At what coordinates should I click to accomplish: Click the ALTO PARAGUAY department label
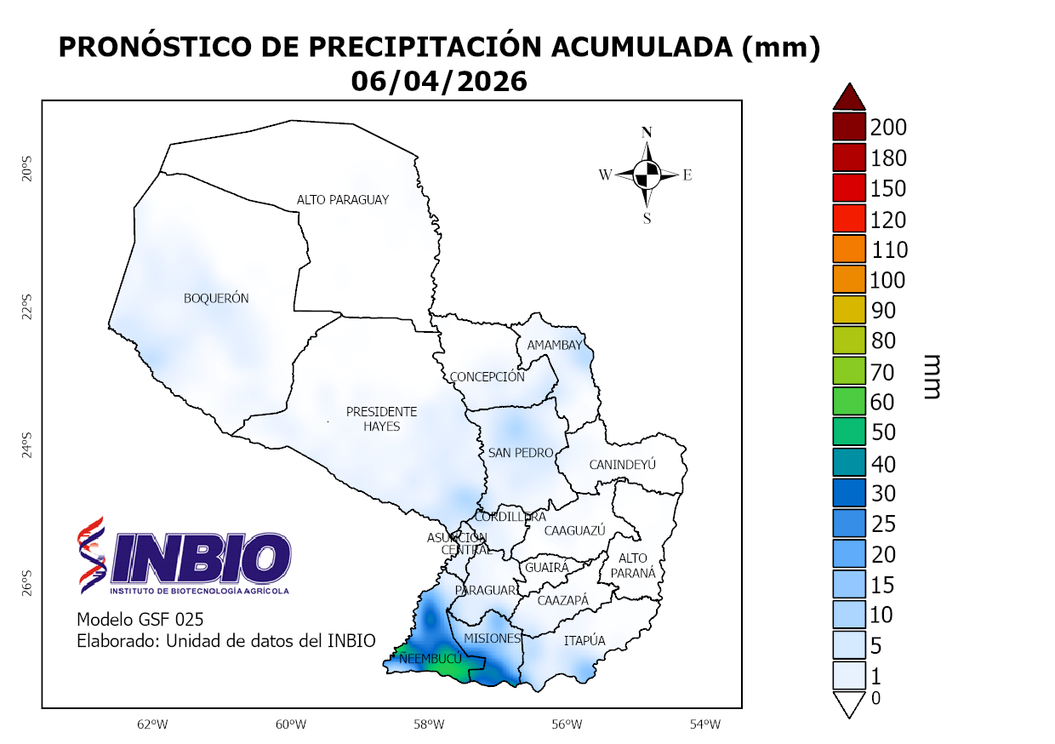[342, 199]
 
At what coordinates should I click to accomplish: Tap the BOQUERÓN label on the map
[216, 298]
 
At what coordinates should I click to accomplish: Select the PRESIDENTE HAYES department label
[381, 419]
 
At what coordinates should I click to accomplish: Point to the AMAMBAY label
[554, 345]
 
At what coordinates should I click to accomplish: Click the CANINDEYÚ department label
[623, 465]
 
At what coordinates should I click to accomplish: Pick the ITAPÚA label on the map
[585, 640]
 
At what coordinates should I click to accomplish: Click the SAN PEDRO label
[521, 453]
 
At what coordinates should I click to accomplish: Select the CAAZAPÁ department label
[562, 600]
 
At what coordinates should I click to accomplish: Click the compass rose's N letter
[647, 132]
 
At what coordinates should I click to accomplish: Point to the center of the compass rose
[647, 175]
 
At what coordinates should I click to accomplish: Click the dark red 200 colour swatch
[848, 127]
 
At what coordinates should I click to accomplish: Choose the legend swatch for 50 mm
[848, 432]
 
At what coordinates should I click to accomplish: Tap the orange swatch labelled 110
[848, 249]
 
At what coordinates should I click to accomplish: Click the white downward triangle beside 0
[848, 705]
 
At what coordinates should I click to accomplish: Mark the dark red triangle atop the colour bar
[848, 97]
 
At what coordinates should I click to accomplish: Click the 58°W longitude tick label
[429, 724]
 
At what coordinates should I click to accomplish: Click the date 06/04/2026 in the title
[439, 81]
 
